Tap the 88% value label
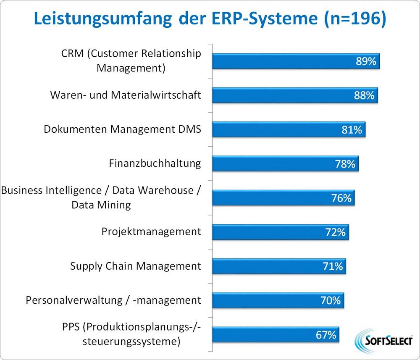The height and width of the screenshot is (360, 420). (x=364, y=95)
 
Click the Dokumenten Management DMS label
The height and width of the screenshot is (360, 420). (x=122, y=129)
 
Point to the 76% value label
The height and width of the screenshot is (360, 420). (x=341, y=198)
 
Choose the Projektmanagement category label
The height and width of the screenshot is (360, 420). (x=151, y=231)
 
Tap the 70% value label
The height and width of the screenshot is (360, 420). (x=330, y=300)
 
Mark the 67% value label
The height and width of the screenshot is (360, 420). (x=325, y=335)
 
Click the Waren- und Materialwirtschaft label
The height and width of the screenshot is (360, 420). (x=126, y=95)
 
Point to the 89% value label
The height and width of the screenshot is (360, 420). (x=366, y=61)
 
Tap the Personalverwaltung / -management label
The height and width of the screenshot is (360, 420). (x=113, y=300)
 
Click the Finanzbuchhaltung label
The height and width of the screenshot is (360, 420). (x=155, y=163)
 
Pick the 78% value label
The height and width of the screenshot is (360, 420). (x=345, y=164)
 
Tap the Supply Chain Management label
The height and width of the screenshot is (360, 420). (x=136, y=266)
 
